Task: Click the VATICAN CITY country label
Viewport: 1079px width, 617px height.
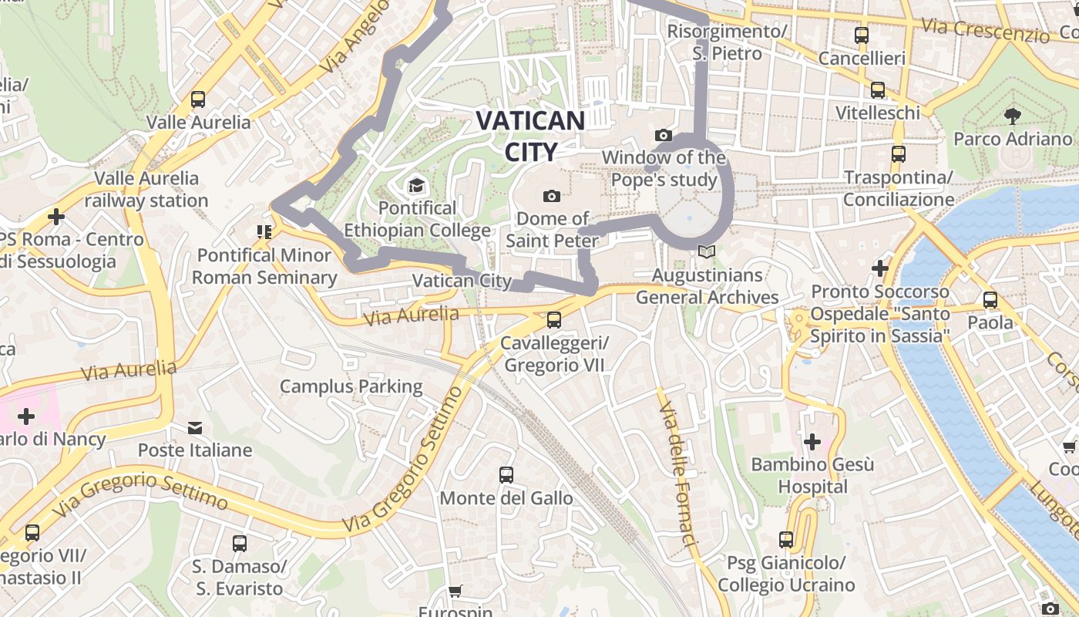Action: (x=530, y=136)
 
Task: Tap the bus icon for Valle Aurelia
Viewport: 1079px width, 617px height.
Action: (x=198, y=99)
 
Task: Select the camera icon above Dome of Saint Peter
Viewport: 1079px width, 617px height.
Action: (x=552, y=196)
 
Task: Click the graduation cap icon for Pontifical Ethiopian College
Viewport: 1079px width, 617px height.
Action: (x=416, y=186)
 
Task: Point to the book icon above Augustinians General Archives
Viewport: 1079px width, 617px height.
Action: (x=707, y=252)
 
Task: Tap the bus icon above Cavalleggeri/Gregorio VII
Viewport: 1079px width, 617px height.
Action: (x=553, y=319)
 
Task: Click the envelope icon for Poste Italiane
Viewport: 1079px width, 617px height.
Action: (x=195, y=427)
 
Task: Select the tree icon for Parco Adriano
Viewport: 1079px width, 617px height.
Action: (x=1013, y=116)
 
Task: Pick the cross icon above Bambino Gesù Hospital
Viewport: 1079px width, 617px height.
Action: (x=812, y=442)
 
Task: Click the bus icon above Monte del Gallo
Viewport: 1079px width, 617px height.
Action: (x=506, y=475)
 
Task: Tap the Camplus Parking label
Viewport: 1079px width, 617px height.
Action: (x=351, y=386)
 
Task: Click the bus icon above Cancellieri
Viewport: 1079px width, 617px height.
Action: (x=861, y=35)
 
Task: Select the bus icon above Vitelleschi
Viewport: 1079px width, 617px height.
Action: (x=878, y=90)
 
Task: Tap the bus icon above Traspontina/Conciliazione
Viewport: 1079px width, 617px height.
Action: (x=898, y=154)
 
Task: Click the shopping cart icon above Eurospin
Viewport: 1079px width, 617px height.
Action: (x=455, y=592)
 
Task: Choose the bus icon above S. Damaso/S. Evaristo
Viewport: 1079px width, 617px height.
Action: (x=240, y=544)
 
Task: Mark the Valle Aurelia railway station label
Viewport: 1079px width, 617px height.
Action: (x=146, y=190)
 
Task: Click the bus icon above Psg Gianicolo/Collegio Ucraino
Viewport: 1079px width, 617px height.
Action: (x=786, y=540)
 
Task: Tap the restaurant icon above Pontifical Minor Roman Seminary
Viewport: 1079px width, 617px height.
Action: (x=264, y=232)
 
